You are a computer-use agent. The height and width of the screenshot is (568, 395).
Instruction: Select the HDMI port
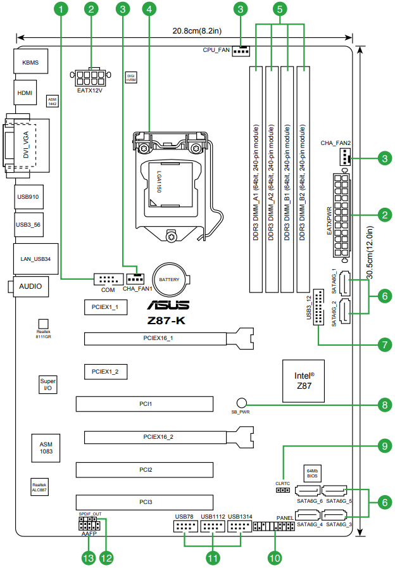(x=25, y=93)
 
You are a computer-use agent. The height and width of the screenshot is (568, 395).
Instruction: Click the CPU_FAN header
(x=241, y=51)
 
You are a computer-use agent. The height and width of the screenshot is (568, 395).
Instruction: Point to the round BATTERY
(x=169, y=279)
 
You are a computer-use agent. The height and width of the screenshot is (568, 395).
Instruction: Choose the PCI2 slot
(x=146, y=470)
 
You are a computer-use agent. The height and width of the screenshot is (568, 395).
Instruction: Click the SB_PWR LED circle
(x=242, y=403)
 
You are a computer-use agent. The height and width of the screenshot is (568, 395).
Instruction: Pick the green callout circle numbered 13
(x=88, y=557)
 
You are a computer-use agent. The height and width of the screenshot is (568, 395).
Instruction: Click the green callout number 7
(x=384, y=345)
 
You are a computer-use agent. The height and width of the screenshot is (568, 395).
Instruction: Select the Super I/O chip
(x=47, y=384)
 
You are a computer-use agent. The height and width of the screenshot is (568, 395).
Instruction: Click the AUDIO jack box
(x=30, y=286)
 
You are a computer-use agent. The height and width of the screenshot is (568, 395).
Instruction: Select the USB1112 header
(x=213, y=526)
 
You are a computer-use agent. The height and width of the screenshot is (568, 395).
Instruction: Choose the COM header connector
(x=108, y=279)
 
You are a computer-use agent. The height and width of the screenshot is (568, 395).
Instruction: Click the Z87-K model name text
(x=163, y=320)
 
